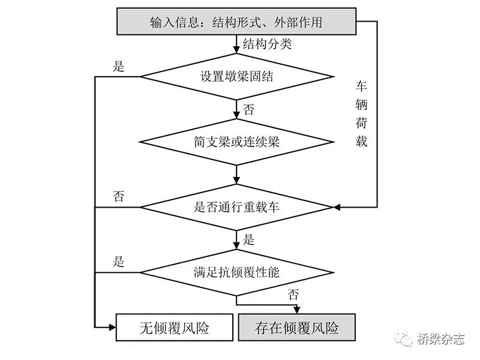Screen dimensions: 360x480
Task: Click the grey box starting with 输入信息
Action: (236, 23)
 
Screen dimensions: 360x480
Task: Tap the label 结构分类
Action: (267, 44)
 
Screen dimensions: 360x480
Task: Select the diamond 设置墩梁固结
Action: (236, 77)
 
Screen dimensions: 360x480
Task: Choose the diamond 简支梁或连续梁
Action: (236, 142)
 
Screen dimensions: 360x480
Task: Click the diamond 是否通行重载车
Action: (236, 208)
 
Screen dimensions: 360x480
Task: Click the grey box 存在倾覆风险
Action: (297, 328)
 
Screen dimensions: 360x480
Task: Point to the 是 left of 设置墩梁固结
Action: (119, 67)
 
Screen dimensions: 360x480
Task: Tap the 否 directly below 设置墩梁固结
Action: (248, 110)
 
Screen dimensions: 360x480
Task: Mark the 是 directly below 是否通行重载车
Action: (248, 241)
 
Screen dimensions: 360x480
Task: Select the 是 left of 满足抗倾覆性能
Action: (119, 262)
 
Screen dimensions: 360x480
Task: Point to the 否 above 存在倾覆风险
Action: (293, 294)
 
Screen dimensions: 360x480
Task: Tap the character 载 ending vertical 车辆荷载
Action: (361, 143)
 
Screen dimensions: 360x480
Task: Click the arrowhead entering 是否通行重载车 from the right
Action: (337, 208)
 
